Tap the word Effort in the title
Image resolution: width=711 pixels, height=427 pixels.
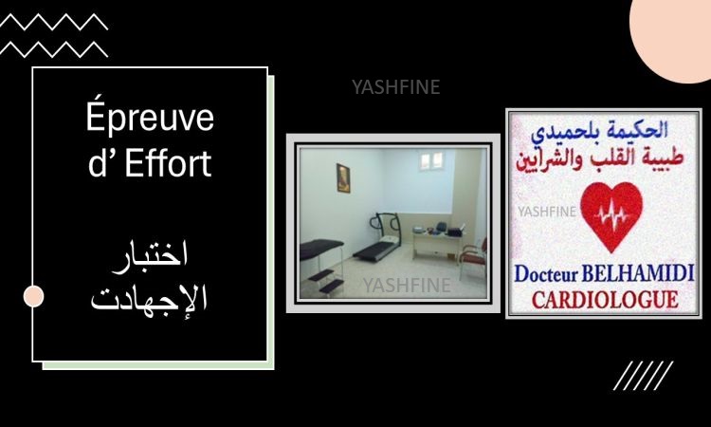[x=168, y=162]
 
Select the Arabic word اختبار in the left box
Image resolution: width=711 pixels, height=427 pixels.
[x=150, y=257]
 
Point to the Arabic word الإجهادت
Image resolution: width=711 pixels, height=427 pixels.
[x=149, y=298]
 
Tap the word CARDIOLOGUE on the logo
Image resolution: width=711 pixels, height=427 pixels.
[x=605, y=300]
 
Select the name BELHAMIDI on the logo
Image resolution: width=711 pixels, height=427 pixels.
[x=638, y=273]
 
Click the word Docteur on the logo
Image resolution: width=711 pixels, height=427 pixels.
[x=546, y=274]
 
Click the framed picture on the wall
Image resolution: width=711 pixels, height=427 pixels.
[x=343, y=177]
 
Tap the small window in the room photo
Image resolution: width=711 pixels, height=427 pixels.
[x=431, y=160]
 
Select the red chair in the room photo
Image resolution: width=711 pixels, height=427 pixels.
[x=473, y=257]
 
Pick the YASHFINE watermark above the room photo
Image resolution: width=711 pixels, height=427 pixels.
[x=396, y=87]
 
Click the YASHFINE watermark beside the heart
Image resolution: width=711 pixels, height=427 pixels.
[x=547, y=212]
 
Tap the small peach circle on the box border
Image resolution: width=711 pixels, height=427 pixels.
[x=33, y=296]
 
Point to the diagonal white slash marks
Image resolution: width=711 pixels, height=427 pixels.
[x=643, y=375]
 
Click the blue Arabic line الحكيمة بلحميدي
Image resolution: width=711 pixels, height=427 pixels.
[x=599, y=131]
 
